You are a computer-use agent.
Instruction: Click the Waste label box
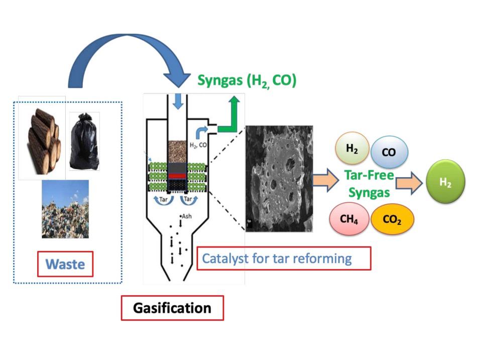(x=65, y=264)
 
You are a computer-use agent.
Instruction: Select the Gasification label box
(x=172, y=307)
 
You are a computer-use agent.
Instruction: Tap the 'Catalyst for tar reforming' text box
(x=284, y=259)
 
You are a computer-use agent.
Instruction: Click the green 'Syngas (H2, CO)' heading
(x=247, y=80)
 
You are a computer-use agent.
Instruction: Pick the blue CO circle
(x=389, y=152)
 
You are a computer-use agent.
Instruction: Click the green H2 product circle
(x=445, y=182)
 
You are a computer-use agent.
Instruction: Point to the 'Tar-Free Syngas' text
(x=369, y=184)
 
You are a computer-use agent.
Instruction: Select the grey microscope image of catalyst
(x=279, y=179)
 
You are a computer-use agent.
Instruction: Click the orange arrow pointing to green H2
(x=410, y=184)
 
